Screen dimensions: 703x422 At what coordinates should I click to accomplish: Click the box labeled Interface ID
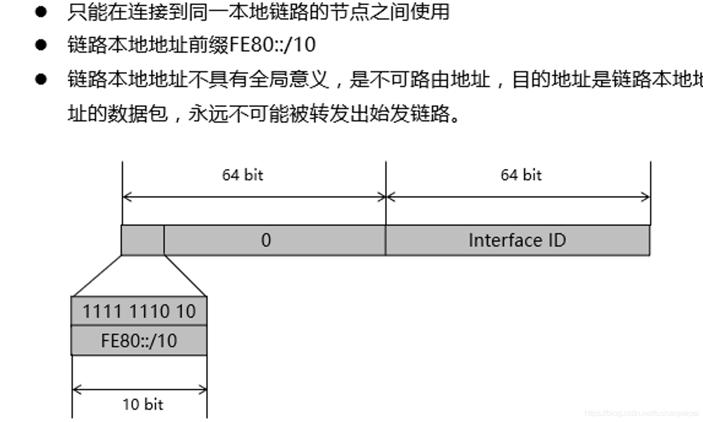coord(517,240)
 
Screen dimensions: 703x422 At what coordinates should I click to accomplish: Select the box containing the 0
coord(275,240)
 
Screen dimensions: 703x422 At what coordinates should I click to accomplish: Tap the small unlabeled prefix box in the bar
coord(143,240)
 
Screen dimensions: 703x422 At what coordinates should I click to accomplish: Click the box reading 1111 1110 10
coord(139,311)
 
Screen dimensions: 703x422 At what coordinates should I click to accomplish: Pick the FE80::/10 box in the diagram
coord(139,341)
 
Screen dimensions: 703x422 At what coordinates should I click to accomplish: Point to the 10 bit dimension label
coord(143,404)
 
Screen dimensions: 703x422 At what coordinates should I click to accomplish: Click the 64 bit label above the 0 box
coord(242,175)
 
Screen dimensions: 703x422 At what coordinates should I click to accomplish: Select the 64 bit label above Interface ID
coord(521,175)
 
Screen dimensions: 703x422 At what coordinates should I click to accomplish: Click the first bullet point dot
coord(41,12)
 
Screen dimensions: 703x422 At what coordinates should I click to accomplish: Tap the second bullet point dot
coord(41,45)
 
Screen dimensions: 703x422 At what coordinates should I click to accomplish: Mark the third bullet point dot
coord(41,79)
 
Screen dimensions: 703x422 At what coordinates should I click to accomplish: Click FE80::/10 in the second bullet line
coord(272,45)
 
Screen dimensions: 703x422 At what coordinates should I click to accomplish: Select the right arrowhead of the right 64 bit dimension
coord(646,196)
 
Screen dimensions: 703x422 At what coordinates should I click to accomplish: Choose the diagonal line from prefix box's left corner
coord(96,276)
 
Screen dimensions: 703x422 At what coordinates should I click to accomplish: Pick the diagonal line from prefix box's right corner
coord(185,276)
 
